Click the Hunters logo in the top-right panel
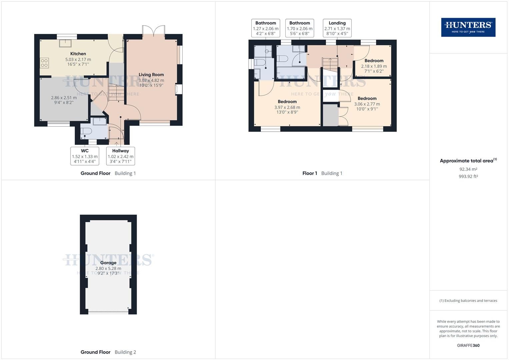pos(468,27)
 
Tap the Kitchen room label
pos(78,54)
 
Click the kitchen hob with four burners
pos(44,63)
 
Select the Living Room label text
pos(151,75)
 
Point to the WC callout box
pos(85,156)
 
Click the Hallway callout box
pos(120,156)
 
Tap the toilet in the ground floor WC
pos(86,131)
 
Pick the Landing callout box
pos(337,28)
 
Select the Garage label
pos(108,263)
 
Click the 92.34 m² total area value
pos(468,169)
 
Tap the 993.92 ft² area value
pos(468,176)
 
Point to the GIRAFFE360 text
pos(468,345)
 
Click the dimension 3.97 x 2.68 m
pos(287,107)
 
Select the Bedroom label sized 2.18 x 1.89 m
pos(374,61)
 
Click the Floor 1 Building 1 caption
pos(322,173)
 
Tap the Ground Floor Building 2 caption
pos(108,352)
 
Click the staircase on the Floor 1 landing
pos(330,65)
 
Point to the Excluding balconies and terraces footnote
pos(468,301)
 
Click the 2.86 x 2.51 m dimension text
pos(64,98)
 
